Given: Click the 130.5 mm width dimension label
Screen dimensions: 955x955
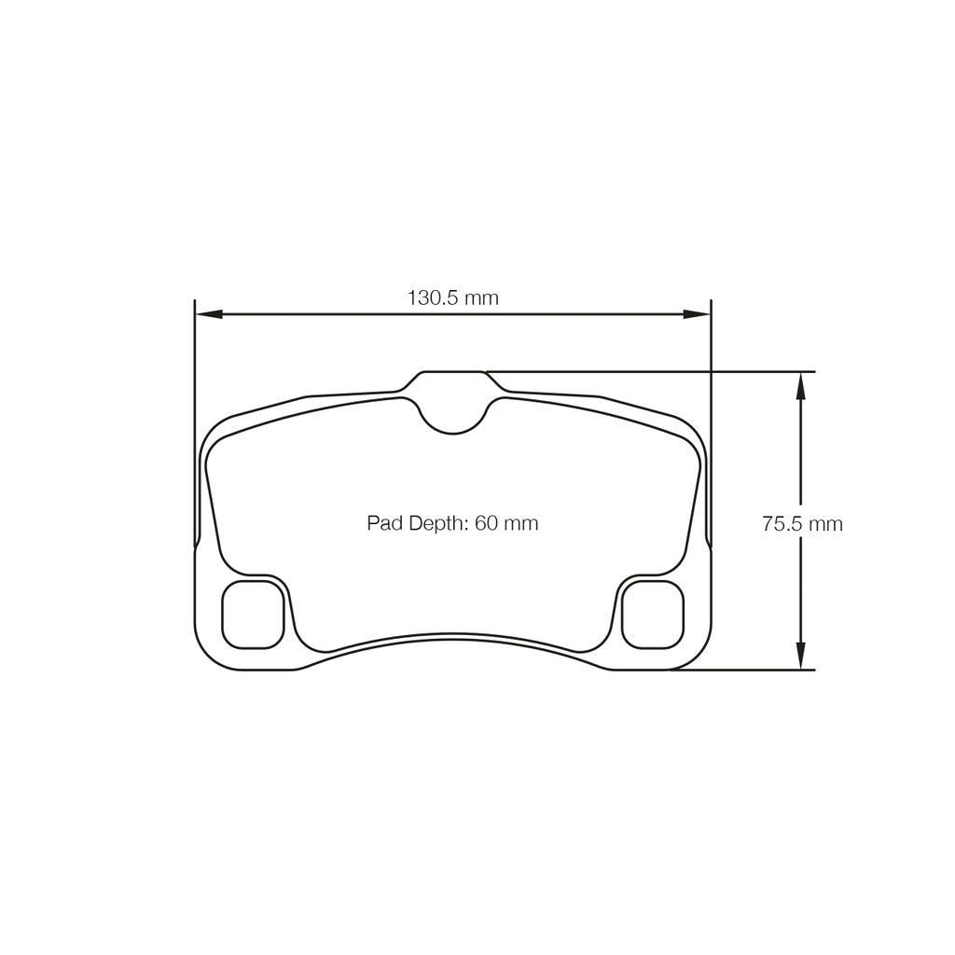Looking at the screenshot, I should [452, 298].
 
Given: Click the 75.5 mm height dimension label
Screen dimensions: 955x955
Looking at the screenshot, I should [802, 524].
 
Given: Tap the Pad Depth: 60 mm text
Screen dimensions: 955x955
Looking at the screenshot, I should [452, 523].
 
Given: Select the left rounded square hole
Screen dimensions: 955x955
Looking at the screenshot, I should [253, 614].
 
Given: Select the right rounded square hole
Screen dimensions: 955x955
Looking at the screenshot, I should [653, 614].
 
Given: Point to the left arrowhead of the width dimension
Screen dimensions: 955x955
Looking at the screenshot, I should [208, 314].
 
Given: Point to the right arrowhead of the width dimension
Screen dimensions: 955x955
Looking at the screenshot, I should [698, 314].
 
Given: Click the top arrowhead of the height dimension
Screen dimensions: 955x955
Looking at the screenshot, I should [800, 384].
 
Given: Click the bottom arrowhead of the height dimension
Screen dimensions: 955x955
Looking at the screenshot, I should [800, 657].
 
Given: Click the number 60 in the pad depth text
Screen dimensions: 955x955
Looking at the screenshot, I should [486, 523].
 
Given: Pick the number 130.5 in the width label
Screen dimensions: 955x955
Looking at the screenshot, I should [434, 298].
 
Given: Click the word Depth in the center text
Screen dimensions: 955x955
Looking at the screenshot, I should [435, 523].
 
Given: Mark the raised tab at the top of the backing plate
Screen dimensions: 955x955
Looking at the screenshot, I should [452, 380].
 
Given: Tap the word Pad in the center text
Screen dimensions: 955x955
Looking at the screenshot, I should [383, 523].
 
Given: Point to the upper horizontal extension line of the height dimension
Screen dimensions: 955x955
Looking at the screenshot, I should [653, 372].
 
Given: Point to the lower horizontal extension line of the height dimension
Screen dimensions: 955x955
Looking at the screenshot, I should [746, 670].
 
